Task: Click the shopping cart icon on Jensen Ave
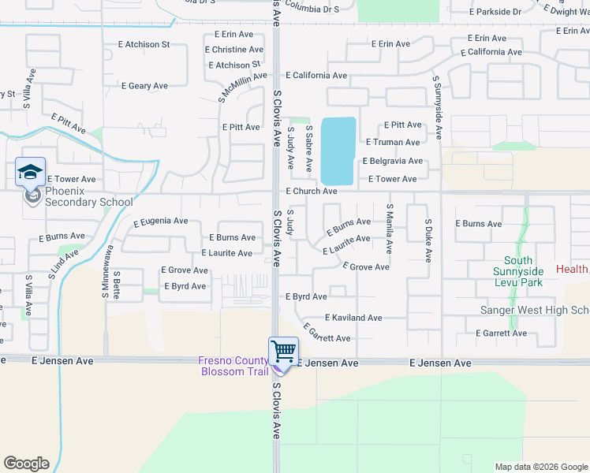coord(282,351)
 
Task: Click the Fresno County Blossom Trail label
coord(233,366)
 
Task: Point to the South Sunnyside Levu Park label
coord(518,271)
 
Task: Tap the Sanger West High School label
coord(535,310)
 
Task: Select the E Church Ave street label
coord(312,192)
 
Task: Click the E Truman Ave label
coord(393,143)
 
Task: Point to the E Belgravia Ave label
coord(393,162)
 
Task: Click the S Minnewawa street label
coord(104,270)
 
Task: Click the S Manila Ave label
coord(389,228)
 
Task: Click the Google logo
coord(26,464)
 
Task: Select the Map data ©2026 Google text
coord(540,467)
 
